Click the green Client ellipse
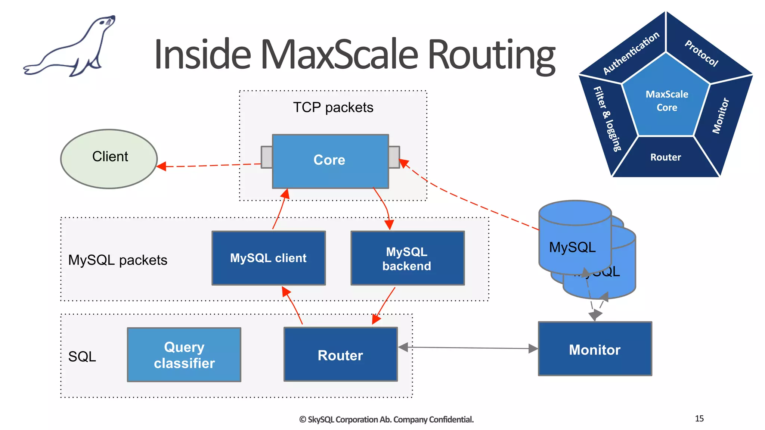109,159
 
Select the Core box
330,161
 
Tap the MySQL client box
269,258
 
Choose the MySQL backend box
408,258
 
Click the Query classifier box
184,355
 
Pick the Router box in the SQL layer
340,355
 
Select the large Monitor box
595,349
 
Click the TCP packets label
333,107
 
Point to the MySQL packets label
118,260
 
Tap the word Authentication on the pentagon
631,53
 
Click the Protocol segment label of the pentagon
701,53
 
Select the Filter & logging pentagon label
607,119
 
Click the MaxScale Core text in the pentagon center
667,101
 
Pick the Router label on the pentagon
666,157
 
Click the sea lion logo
71,47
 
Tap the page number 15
699,418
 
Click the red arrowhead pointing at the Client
161,166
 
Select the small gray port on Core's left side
266,157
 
